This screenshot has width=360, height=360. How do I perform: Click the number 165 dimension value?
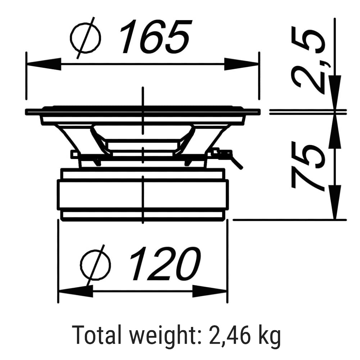point(156,36)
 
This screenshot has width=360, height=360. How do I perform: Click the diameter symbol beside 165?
point(85,38)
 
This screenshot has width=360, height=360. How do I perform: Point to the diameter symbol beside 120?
point(95,265)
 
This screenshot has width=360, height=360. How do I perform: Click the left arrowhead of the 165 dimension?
point(44,64)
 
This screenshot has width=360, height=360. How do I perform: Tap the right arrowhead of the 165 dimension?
point(242,64)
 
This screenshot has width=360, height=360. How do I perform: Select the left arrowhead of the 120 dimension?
point(76,291)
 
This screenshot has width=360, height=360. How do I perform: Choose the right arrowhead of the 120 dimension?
point(210,291)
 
